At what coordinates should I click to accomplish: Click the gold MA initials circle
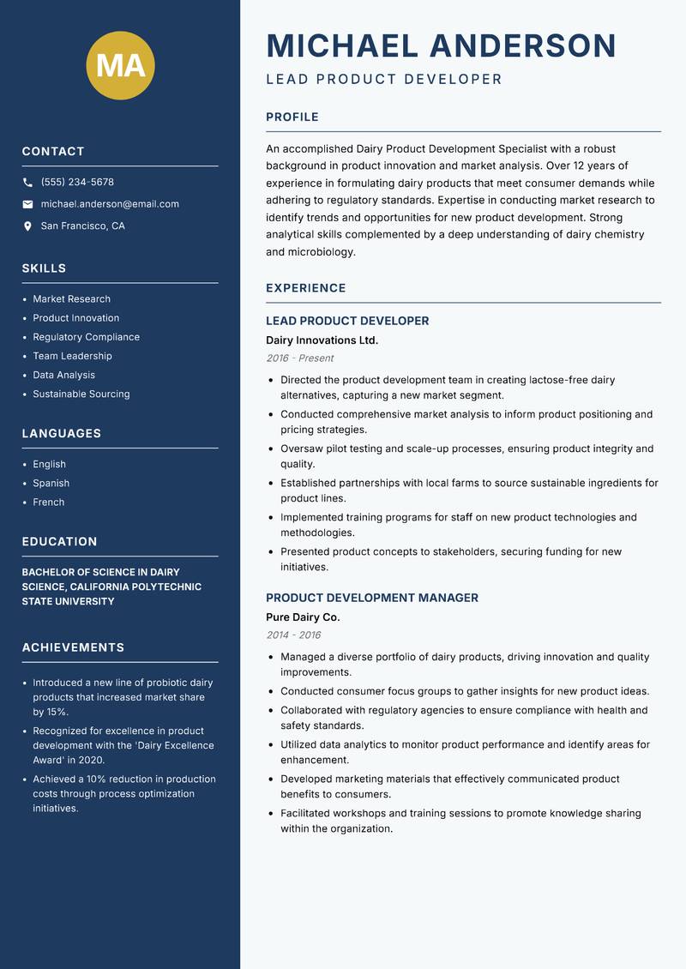coord(120,65)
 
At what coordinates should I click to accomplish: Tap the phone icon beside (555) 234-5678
coord(28,183)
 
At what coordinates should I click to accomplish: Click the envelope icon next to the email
coord(28,204)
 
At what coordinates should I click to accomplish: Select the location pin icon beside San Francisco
coord(28,226)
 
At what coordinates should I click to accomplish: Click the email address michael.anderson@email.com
coord(110,204)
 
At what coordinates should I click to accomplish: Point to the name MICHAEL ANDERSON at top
coord(442,45)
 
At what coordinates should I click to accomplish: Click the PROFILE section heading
coord(292,117)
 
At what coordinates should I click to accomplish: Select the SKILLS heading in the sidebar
coord(45,268)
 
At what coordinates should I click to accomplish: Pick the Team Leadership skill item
coord(72,356)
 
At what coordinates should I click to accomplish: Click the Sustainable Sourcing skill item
coord(81,394)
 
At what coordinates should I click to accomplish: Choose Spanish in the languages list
coord(51,484)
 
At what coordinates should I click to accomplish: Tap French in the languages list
coord(49,503)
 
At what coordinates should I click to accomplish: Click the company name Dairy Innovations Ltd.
coord(322,340)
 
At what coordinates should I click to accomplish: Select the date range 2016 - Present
coord(300,358)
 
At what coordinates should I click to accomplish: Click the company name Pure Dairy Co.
coord(303,617)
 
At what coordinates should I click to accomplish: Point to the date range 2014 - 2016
coord(293,635)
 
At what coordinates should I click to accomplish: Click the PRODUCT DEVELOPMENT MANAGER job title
coord(372,598)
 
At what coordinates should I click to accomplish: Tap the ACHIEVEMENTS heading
coord(73,647)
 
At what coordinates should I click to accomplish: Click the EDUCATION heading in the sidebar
coord(60,542)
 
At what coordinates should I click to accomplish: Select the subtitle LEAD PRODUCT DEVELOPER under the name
coord(384,80)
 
